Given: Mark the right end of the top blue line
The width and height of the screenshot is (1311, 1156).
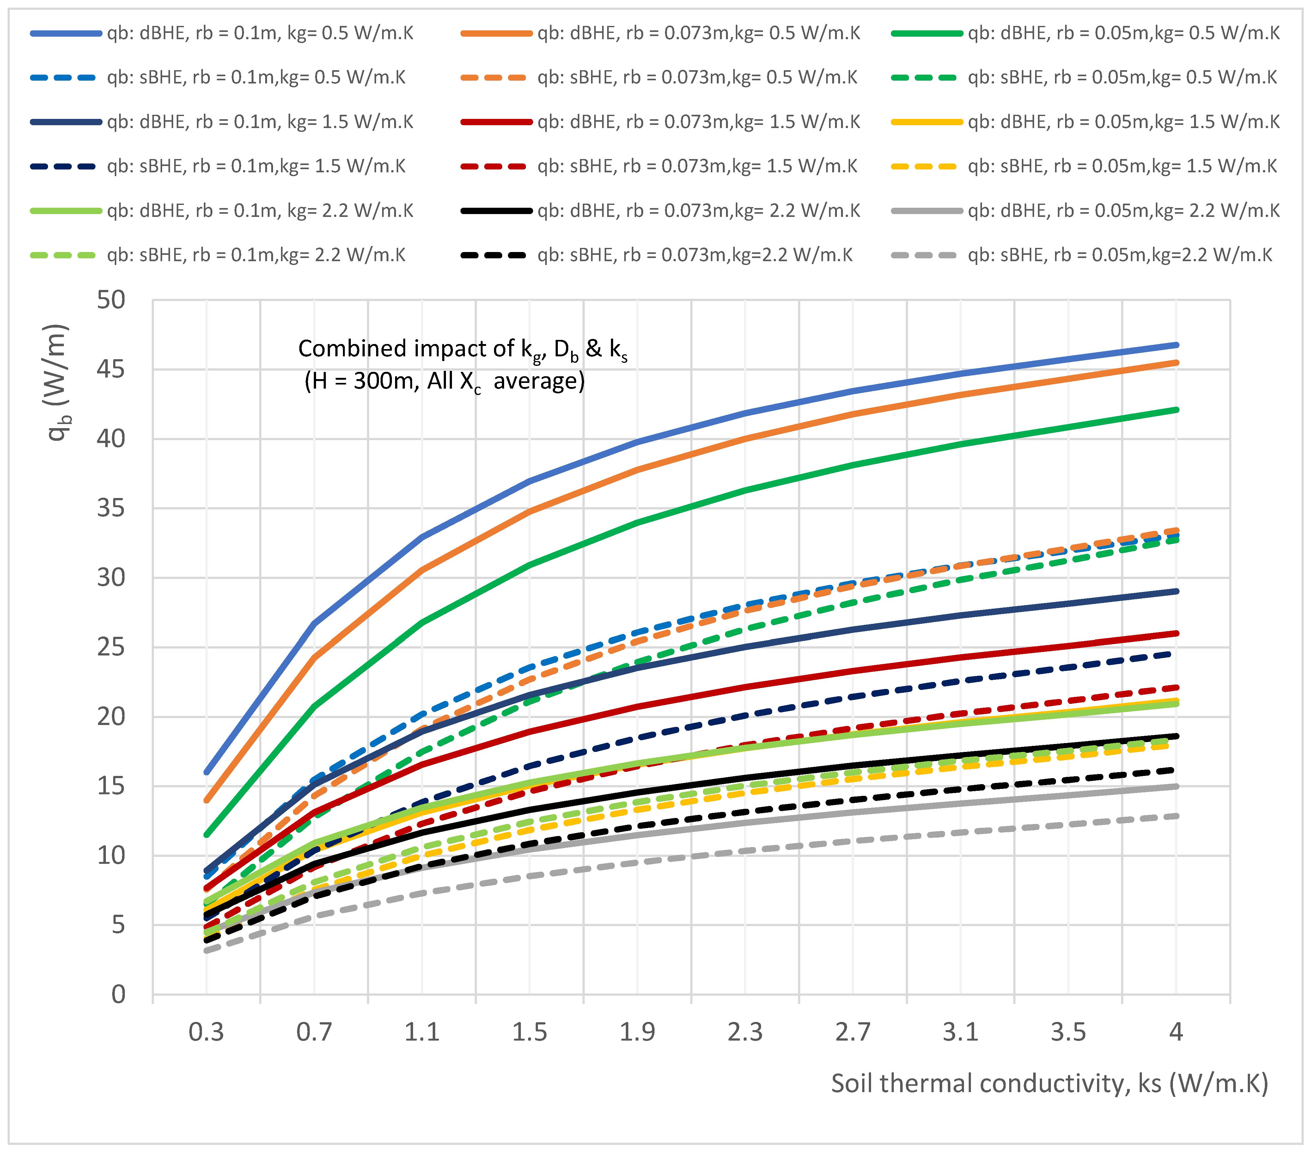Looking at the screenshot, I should tap(1176, 345).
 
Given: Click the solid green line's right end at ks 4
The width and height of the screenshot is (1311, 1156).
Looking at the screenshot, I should tap(1176, 410).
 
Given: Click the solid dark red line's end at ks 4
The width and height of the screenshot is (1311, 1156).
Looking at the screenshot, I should tap(1176, 633).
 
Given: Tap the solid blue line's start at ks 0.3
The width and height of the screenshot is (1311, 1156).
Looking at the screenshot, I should tap(206, 772).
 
